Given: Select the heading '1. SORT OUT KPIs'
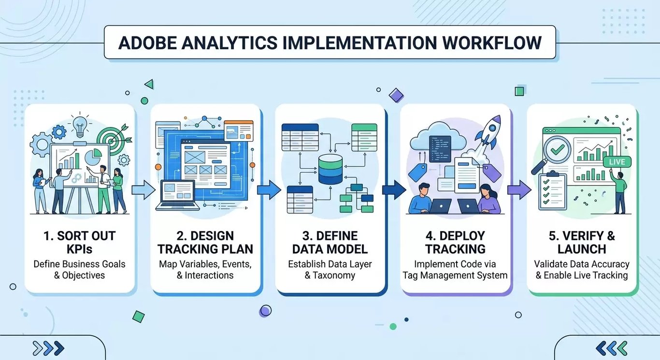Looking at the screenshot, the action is pyautogui.click(x=80, y=243).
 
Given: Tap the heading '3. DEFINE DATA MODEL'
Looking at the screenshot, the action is pyautogui.click(x=330, y=243).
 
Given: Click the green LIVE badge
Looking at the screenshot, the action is pyautogui.click(x=617, y=162).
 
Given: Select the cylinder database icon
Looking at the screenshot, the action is pyautogui.click(x=330, y=169).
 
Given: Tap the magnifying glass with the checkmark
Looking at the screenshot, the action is pyautogui.click(x=554, y=151).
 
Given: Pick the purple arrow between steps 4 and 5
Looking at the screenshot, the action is pyautogui.click(x=518, y=190).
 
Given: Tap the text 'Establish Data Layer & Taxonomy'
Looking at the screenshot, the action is pyautogui.click(x=330, y=270).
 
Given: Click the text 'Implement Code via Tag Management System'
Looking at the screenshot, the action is pyautogui.click(x=455, y=270).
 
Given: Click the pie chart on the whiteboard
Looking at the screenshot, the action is pyautogui.click(x=93, y=157).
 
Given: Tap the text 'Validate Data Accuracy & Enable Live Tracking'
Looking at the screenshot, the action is pyautogui.click(x=581, y=270).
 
